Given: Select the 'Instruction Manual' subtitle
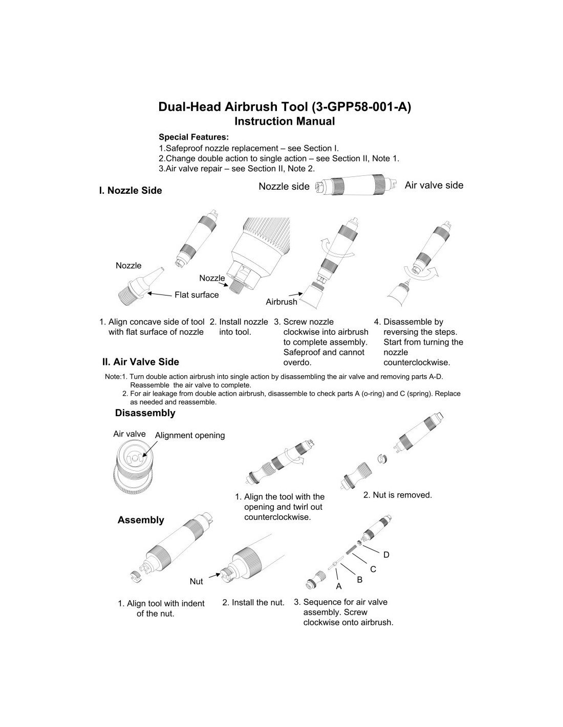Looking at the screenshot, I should [x=285, y=122].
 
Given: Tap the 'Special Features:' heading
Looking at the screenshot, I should [x=193, y=137].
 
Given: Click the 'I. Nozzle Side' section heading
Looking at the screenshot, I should [x=131, y=191].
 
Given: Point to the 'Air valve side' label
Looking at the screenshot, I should [x=434, y=186].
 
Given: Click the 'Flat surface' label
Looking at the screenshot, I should [x=197, y=295].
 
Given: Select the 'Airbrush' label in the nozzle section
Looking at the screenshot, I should [x=281, y=302].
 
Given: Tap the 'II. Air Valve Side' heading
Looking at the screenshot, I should [x=141, y=362].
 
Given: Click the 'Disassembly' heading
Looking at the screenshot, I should [x=145, y=413].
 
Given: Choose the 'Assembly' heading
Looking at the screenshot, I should [x=141, y=520].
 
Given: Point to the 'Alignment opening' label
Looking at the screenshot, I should [x=190, y=436].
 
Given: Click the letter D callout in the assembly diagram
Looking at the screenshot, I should [x=386, y=555].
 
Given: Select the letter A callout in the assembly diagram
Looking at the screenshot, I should [x=338, y=586].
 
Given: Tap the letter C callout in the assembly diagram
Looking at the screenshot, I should [x=373, y=569].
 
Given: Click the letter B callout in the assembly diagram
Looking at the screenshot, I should [x=359, y=580].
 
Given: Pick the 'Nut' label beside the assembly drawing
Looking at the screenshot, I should [x=196, y=581].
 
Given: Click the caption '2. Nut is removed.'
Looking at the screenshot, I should [x=398, y=495].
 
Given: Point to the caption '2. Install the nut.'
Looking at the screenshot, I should [x=253, y=602].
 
